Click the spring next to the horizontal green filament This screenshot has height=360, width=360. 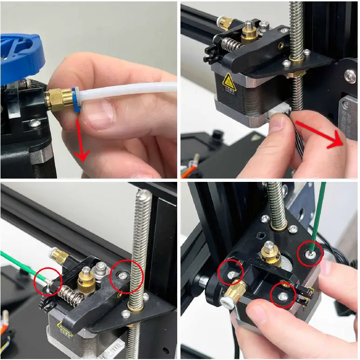click(69, 293)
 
